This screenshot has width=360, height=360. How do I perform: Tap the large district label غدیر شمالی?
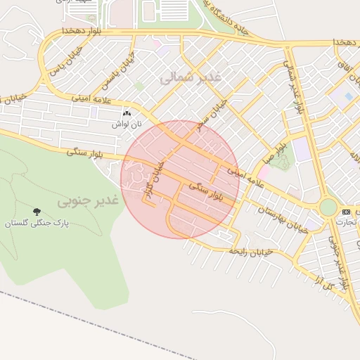pyautogui.click(x=191, y=77)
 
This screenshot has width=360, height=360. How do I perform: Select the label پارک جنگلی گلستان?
pyautogui.click(x=35, y=224)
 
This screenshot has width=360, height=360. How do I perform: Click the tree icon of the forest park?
pyautogui.click(x=36, y=211)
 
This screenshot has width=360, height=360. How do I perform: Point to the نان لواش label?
pyautogui.click(x=128, y=124)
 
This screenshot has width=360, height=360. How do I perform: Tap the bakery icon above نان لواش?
pyautogui.click(x=127, y=113)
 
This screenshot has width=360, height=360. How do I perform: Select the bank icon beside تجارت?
pyautogui.click(x=345, y=212)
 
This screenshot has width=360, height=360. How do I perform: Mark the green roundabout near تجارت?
pyautogui.click(x=328, y=207)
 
